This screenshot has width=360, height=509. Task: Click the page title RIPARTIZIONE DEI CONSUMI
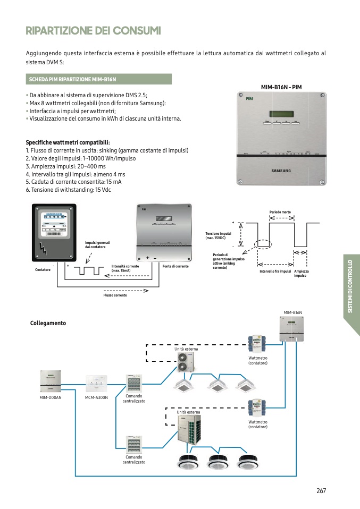93,31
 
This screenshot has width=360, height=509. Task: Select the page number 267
321,490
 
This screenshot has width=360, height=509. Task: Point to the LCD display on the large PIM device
281,113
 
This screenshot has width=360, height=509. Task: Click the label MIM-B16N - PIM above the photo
281,87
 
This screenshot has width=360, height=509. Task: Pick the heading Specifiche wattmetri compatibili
68,142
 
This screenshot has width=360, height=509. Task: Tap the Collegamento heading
48,323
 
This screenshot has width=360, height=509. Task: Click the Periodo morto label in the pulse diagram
280,212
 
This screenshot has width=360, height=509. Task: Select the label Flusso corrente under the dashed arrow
115,295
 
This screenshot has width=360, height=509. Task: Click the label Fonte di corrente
175,266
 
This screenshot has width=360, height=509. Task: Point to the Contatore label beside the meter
43,270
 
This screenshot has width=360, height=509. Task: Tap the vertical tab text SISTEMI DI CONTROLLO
350,286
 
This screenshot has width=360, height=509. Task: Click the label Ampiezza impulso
302,274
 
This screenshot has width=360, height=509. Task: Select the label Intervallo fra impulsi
275,272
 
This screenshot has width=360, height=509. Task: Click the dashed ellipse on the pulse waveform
263,244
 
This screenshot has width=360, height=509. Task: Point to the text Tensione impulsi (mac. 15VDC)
218,235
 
